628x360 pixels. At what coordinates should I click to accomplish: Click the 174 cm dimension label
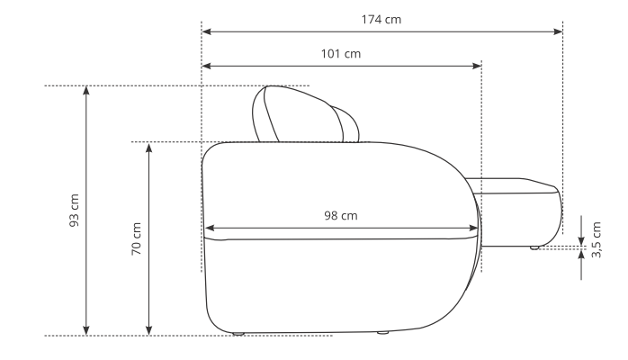pyautogui.click(x=381, y=19)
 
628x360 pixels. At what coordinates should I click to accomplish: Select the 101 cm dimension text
pyautogui.click(x=340, y=53)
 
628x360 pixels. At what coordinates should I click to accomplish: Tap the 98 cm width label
pyautogui.click(x=340, y=215)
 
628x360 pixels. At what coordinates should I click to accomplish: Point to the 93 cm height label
pyautogui.click(x=74, y=211)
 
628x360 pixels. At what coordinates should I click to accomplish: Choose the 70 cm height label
pyautogui.click(x=136, y=238)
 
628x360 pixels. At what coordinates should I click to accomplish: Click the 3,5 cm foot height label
pyautogui.click(x=597, y=239)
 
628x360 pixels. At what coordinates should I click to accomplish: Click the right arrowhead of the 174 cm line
pyautogui.click(x=558, y=31)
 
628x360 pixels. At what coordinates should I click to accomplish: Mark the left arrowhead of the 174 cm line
pyautogui.click(x=207, y=31)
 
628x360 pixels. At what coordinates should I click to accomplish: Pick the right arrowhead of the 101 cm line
pyautogui.click(x=477, y=66)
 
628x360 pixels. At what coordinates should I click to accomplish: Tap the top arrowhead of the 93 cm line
pyautogui.click(x=86, y=91)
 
